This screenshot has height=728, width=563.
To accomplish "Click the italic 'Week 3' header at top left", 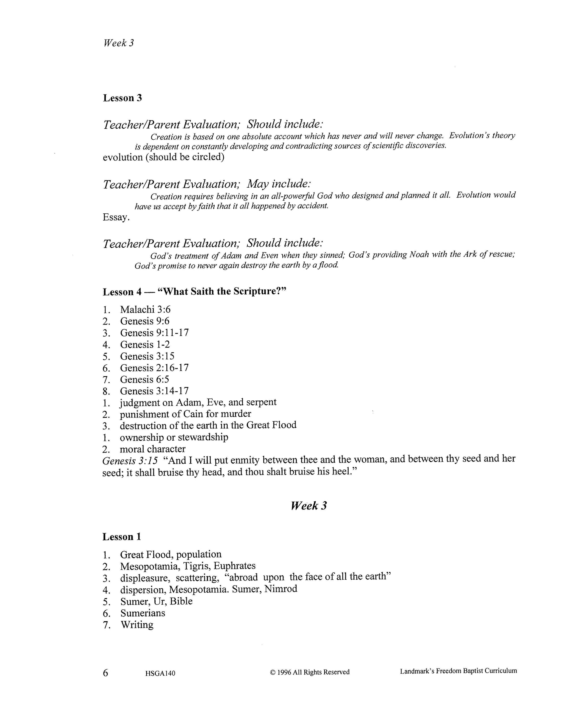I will pyautogui.click(x=118, y=43).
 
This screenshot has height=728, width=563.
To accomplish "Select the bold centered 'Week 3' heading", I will pyautogui.click(x=308, y=506).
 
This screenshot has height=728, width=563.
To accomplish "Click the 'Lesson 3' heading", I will pyautogui.click(x=122, y=98).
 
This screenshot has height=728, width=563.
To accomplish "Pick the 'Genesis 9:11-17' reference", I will pyautogui.click(x=154, y=333).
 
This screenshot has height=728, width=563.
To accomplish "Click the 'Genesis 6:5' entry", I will pyautogui.click(x=144, y=379).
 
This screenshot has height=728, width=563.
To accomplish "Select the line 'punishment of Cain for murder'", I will pyautogui.click(x=185, y=414).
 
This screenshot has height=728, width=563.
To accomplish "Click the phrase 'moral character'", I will pyautogui.click(x=152, y=449).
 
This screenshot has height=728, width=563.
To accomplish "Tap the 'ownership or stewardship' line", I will pyautogui.click(x=174, y=437).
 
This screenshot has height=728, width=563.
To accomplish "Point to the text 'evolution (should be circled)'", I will pyautogui.click(x=163, y=157).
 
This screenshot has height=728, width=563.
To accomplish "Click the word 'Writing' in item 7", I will pyautogui.click(x=137, y=625).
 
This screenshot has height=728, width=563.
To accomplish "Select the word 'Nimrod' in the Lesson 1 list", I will pyautogui.click(x=281, y=589).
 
